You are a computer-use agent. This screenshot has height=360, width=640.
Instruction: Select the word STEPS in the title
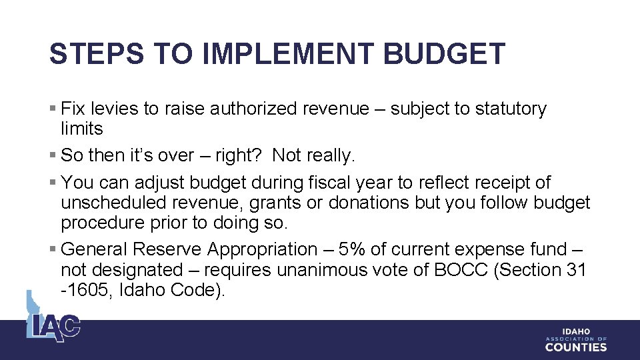pos(97,54)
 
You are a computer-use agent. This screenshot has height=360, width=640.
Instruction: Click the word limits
pos(81,129)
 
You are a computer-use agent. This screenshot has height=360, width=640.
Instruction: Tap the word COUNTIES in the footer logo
pos(576,347)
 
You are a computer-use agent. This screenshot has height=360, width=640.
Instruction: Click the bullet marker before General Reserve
pos(53,249)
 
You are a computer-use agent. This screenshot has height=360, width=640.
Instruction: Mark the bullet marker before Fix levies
pos(53,109)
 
